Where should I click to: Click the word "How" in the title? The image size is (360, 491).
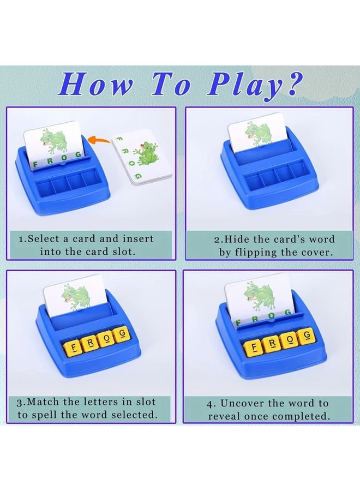(x=95, y=85)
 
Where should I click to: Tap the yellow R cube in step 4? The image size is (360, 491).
(x=272, y=343)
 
